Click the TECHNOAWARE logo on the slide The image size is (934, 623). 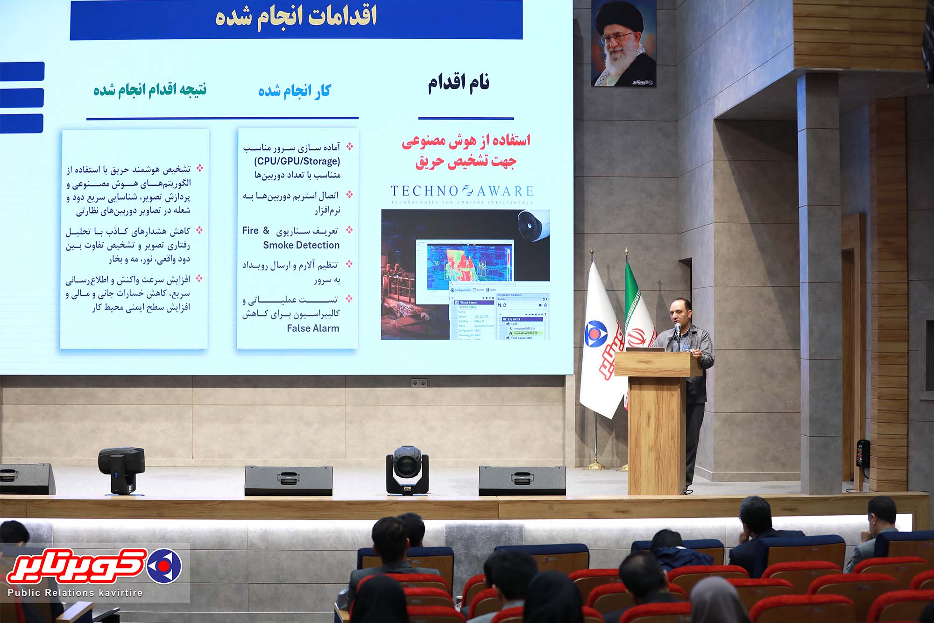tap(462, 192)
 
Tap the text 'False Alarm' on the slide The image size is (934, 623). tap(313, 328)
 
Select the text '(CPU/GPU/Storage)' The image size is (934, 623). tap(297, 161)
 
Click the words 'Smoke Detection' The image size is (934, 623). tap(301, 245)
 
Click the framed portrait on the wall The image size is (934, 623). tap(623, 43)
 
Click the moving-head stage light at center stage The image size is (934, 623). tap(407, 469)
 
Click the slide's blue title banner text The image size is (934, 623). tap(296, 17)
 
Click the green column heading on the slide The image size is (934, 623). tap(150, 89)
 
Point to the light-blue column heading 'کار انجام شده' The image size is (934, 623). tap(294, 91)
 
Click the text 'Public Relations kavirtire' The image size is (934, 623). tap(75, 593)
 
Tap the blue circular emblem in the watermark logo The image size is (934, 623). tap(164, 566)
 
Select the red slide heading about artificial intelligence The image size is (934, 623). tap(466, 151)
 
